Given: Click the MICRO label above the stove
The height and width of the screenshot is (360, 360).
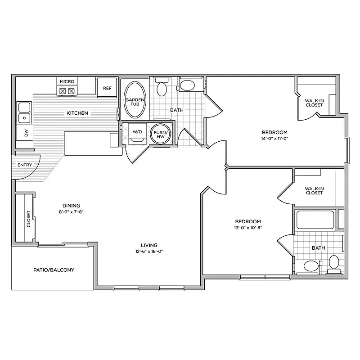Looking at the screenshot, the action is [67, 81].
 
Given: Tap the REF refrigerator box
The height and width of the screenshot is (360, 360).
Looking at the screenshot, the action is [107, 88].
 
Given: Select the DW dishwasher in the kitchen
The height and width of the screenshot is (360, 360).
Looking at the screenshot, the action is [24, 132].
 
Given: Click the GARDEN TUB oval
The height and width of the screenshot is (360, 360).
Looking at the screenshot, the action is [135, 100].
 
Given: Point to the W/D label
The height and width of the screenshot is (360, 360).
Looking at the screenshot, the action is [137, 132].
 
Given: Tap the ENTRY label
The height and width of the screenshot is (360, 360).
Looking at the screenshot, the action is [25, 165].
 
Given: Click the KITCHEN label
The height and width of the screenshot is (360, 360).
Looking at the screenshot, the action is [77, 113].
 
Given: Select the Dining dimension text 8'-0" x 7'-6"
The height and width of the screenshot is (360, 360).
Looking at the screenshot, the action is [71, 211].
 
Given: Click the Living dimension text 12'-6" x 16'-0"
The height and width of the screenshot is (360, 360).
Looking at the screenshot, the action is [149, 251].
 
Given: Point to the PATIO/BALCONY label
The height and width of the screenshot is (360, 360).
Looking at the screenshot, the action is [54, 270].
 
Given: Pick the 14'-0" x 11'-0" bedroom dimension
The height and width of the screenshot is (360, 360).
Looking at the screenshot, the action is [274, 139].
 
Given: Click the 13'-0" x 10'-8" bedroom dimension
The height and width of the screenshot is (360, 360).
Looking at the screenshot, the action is [248, 228].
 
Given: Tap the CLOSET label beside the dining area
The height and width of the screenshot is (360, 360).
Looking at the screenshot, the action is [29, 219].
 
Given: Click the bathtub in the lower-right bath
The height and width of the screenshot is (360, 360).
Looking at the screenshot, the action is [315, 220].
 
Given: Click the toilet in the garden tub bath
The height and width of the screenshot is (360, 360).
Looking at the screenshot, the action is [162, 87].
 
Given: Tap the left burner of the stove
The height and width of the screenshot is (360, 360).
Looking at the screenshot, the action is [63, 91].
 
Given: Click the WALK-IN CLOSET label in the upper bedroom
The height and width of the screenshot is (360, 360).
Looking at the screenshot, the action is [314, 103].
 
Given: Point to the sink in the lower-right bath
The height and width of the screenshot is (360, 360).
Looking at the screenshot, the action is [311, 266].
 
